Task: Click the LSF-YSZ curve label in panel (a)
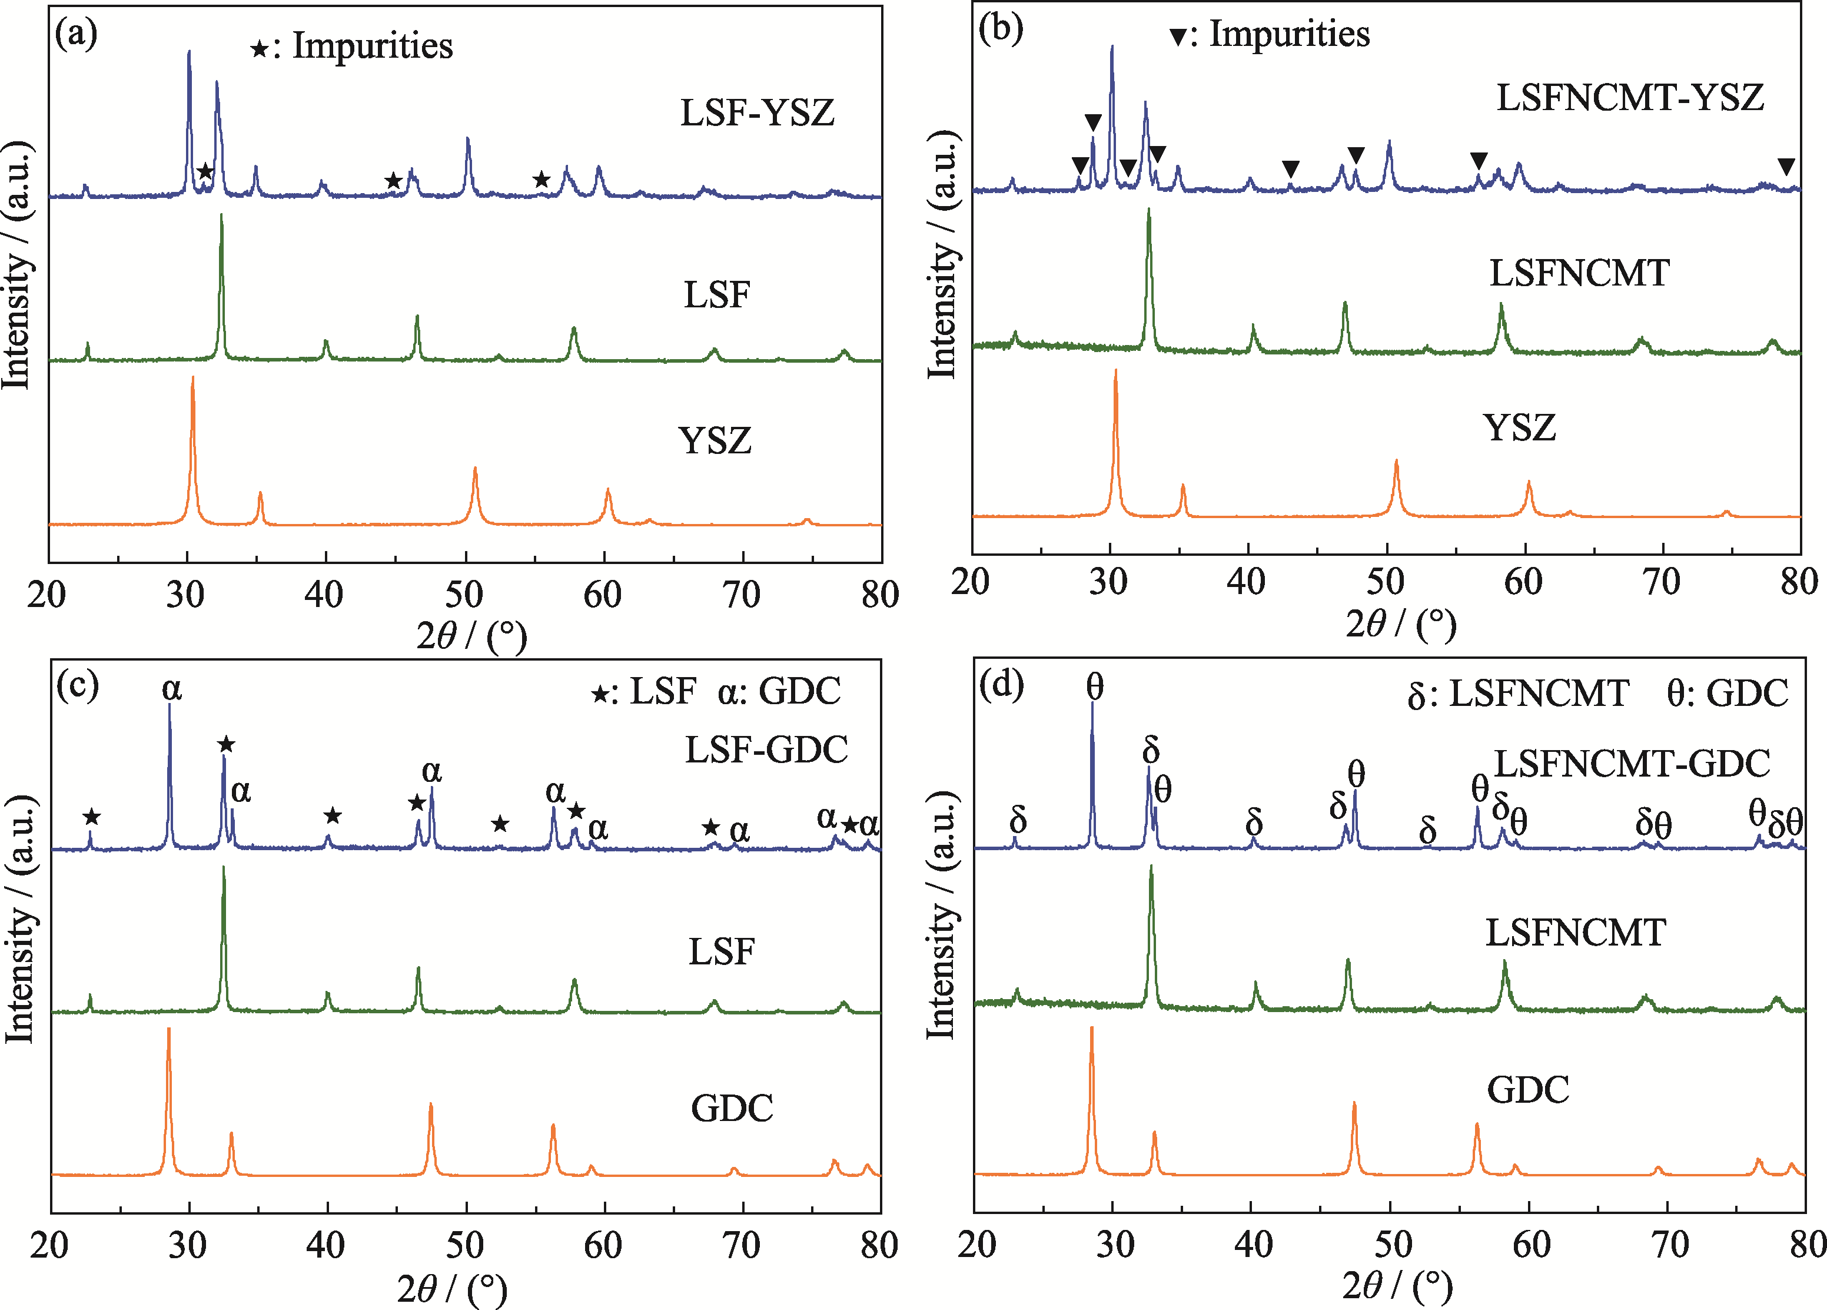coord(757,113)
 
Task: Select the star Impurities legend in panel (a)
coord(352,47)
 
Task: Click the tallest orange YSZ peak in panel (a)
coord(192,379)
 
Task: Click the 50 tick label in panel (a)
coord(464,595)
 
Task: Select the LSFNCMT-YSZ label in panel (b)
coord(1630,98)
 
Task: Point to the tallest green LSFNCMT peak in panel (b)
coord(1149,211)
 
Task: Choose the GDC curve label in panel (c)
coord(732,1109)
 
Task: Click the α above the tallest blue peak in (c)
coord(172,689)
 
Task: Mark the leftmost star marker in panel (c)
coord(92,817)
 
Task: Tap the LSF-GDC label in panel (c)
coord(766,750)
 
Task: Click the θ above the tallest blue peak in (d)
coord(1094,687)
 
